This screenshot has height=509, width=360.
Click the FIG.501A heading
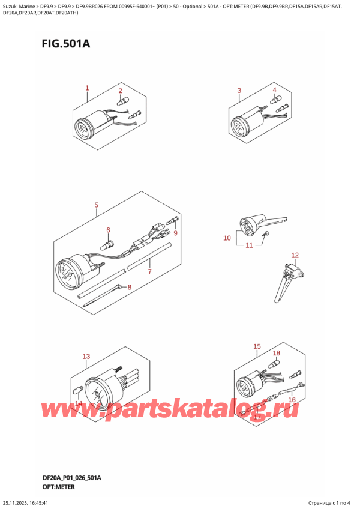tap(65, 43)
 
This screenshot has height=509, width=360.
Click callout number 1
tap(87, 88)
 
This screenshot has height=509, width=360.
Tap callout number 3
tap(239, 91)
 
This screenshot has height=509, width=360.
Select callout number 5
tap(96, 205)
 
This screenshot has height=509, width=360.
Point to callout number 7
tap(149, 271)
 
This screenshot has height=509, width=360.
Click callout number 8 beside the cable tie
tap(129, 287)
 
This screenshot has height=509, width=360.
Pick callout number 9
tap(176, 233)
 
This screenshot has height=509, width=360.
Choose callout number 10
tap(227, 238)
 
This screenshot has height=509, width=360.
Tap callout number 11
tap(249, 245)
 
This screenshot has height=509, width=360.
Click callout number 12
tap(295, 255)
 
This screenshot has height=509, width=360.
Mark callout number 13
tap(86, 357)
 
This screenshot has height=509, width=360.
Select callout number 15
tap(257, 346)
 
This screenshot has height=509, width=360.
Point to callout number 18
tap(277, 353)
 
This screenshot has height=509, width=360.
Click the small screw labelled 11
tap(265, 233)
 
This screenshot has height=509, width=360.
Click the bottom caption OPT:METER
tap(58, 487)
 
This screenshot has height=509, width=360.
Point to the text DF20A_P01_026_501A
tap(72, 478)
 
